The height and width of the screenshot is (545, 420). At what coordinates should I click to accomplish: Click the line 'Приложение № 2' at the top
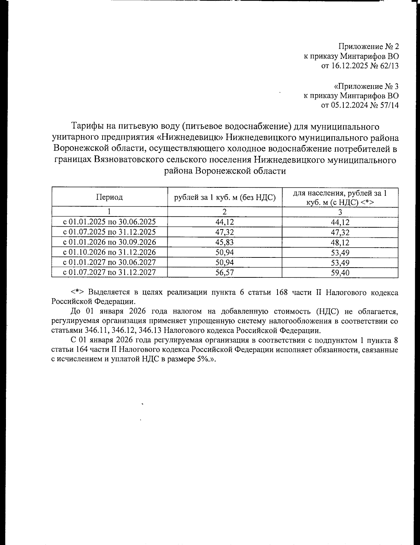[x=369, y=46]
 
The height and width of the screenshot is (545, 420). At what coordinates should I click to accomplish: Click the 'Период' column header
[x=110, y=197]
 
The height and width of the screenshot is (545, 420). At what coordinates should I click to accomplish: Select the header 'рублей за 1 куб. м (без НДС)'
[x=225, y=197]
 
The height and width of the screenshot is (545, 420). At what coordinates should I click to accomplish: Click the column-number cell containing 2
[x=225, y=212]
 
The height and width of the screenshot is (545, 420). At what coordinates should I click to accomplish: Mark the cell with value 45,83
[x=225, y=242]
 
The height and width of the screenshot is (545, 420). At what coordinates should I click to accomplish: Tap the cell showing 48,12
[x=340, y=242]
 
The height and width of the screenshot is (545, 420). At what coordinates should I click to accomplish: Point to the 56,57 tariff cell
[x=225, y=272]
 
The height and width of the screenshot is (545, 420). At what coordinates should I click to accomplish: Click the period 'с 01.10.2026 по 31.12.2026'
[x=109, y=252]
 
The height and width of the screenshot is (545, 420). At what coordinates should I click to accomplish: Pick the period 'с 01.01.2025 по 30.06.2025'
[x=109, y=222]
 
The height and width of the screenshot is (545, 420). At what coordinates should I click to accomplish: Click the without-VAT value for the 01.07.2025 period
[x=225, y=232]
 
